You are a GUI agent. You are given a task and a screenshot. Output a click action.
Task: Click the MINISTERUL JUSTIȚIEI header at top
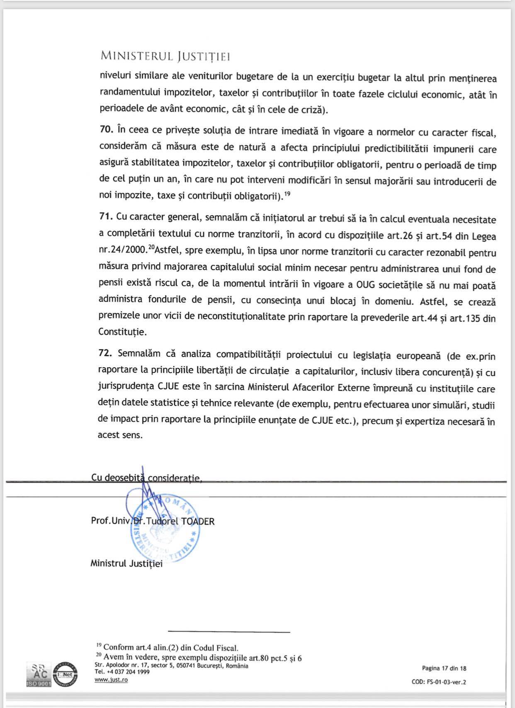click(165, 56)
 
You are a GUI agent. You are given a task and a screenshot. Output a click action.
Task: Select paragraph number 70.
click(106, 129)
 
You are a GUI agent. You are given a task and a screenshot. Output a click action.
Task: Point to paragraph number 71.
click(106, 216)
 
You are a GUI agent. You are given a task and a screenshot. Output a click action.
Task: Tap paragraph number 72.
click(106, 354)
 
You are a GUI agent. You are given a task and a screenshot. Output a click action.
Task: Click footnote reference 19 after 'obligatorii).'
click(287, 193)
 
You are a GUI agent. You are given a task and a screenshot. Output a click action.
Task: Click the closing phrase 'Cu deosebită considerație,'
click(146, 478)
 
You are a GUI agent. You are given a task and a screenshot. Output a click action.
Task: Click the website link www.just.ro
click(111, 680)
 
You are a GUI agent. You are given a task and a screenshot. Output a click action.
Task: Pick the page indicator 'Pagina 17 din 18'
click(444, 668)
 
